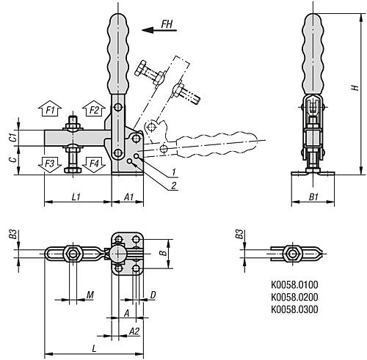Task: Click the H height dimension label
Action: pos(355,88)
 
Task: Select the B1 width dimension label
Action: pos(313,197)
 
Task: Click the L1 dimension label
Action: pos(76,197)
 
